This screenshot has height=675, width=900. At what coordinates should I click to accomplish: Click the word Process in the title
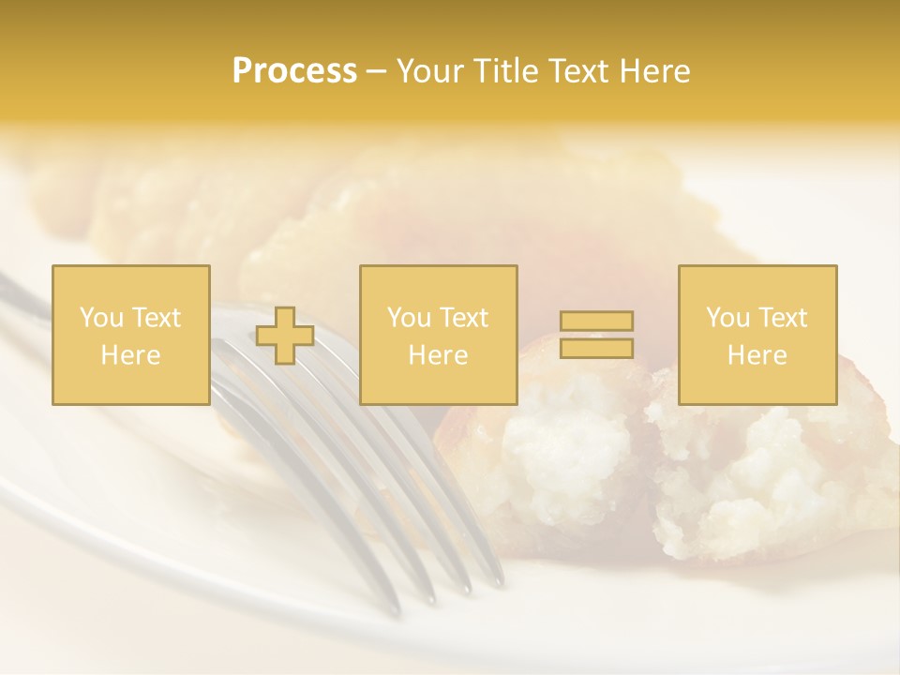(294, 71)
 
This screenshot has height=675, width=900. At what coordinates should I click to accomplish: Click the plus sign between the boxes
(285, 336)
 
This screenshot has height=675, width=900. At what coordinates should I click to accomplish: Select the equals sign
(596, 335)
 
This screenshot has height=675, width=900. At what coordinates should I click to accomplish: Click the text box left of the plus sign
(130, 335)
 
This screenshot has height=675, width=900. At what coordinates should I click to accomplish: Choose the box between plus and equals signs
(438, 335)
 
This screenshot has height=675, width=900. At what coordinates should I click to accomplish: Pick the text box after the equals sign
(757, 335)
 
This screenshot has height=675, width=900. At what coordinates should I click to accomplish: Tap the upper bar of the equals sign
(596, 322)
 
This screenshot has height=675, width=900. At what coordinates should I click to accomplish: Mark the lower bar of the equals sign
(596, 348)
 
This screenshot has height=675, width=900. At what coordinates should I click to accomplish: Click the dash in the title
(376, 71)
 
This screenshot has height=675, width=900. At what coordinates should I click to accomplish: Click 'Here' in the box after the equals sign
(757, 355)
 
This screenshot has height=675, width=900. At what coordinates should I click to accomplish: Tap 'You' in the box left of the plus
(101, 318)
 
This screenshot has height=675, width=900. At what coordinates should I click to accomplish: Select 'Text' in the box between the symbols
(465, 318)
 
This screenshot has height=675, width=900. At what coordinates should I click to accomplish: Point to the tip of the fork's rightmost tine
(498, 581)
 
